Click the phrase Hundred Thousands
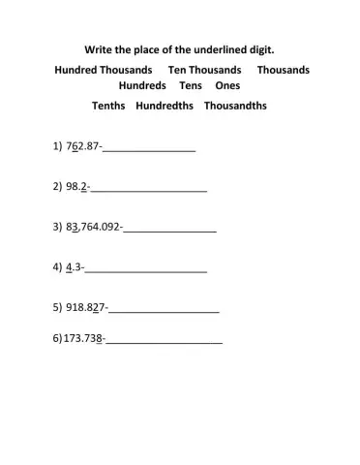(104, 71)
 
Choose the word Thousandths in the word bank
(235, 106)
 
